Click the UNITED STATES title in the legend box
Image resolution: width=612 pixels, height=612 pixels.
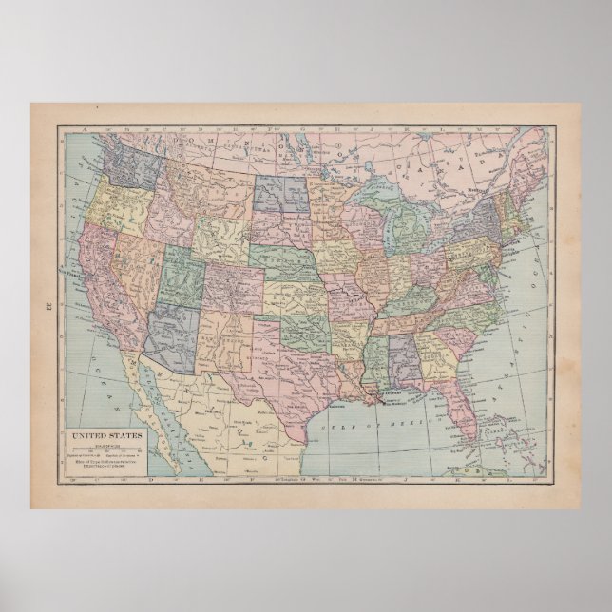pyautogui.click(x=101, y=411)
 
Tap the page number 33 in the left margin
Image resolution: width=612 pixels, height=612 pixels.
pyautogui.click(x=48, y=306)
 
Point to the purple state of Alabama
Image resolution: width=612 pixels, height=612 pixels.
pyautogui.click(x=407, y=356)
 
